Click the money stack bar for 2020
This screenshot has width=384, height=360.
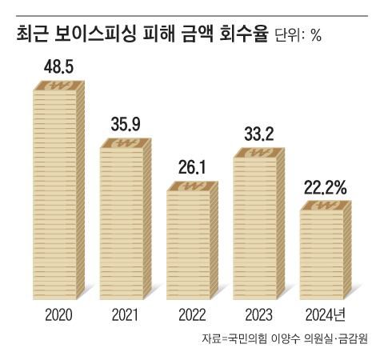59,192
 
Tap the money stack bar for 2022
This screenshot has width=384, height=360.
193,240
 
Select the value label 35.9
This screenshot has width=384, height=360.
126,126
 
